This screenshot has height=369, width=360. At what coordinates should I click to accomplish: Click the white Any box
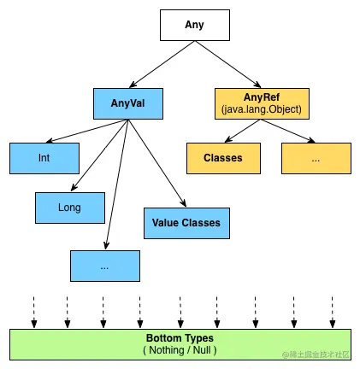point(195,25)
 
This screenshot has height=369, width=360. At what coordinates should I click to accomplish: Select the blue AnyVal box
point(128,103)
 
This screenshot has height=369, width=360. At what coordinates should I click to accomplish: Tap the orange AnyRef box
point(262,103)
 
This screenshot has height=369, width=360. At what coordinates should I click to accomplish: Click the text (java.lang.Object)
point(262,109)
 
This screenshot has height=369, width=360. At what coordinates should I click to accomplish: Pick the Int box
point(44,158)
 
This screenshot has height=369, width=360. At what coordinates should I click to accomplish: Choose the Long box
point(70,208)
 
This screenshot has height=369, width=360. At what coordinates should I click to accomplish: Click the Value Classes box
point(186,223)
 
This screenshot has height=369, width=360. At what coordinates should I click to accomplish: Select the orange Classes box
point(223,158)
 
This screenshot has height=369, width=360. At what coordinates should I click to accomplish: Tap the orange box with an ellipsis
point(316,158)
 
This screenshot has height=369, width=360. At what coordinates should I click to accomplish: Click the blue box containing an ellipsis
point(105,266)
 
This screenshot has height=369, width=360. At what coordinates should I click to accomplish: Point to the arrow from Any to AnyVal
point(162,64)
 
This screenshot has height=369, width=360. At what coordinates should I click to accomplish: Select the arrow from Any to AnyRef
point(228,64)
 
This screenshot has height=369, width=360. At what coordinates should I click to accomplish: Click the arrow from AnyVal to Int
point(87,131)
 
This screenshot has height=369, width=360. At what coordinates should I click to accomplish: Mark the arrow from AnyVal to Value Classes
point(157,163)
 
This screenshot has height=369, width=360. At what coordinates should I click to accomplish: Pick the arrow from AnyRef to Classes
point(243,131)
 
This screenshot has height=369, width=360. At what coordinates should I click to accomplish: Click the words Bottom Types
point(180,338)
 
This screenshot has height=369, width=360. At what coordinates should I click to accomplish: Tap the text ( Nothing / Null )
point(180,350)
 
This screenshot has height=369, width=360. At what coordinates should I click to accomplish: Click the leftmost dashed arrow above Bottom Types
point(34,312)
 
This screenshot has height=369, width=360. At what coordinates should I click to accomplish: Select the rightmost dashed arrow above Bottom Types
point(333,312)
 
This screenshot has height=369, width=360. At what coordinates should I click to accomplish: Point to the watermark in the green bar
point(316,354)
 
